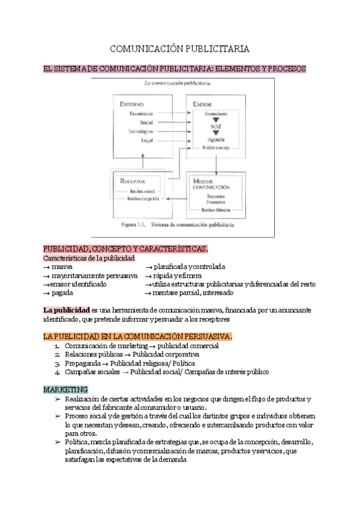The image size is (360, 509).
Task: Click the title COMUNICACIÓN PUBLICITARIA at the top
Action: click(179, 48)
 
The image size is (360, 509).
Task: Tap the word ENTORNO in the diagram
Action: click(131, 104)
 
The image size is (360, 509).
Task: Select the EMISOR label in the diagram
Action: click(202, 104)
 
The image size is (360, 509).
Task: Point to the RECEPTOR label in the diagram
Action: click(134, 180)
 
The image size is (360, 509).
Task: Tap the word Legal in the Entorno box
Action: click(146, 140)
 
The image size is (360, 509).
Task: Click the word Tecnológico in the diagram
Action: click(140, 131)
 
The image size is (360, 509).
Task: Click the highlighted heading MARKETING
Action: click(66, 390)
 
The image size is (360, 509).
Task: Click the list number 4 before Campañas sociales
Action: click(56, 372)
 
